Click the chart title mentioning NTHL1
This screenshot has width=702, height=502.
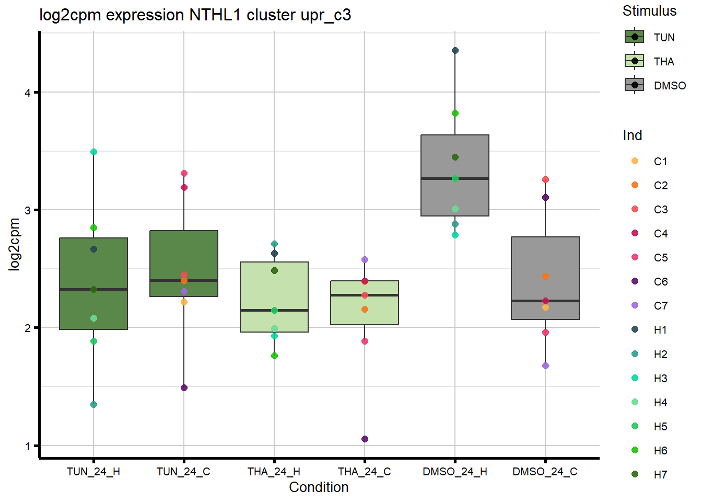tap(195, 15)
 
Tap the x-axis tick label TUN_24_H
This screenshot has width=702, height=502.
tap(93, 472)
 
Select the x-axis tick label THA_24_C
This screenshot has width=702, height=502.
tap(364, 472)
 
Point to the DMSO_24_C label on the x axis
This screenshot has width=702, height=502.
tap(545, 472)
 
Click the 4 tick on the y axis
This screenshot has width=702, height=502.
tap(28, 93)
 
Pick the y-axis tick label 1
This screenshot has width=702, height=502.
tap(28, 446)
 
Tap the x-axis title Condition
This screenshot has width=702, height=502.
tap(319, 487)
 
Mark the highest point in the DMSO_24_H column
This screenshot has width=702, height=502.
tap(455, 51)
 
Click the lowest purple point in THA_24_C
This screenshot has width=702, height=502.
tap(365, 439)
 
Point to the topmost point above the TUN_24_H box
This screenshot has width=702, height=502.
tap(93, 152)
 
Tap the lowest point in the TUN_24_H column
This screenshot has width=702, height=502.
tap(93, 404)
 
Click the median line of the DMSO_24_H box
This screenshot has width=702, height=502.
tap(455, 179)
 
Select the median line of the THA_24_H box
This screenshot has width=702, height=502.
tap(274, 311)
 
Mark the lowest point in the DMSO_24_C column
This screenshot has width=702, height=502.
tap(545, 366)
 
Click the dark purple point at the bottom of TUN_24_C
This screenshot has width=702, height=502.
tap(184, 388)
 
